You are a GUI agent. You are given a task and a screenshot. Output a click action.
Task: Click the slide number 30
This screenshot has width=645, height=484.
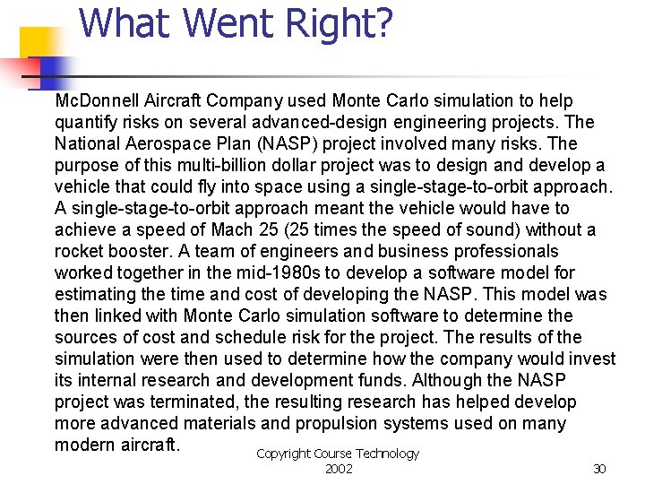[599, 469]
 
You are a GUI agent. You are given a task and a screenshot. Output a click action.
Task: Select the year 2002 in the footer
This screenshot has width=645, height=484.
[339, 469]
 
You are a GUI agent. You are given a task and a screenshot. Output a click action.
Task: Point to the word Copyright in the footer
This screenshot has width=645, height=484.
[283, 454]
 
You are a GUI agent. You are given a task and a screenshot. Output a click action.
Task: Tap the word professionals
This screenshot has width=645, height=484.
[502, 251]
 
